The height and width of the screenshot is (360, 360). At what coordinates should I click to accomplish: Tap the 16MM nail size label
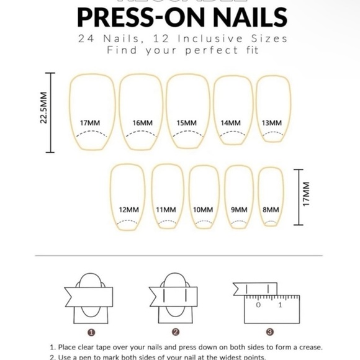[x=143, y=123]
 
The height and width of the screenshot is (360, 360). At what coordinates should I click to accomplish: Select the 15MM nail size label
[x=187, y=123]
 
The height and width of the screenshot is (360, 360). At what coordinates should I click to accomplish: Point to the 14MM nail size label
[x=230, y=123]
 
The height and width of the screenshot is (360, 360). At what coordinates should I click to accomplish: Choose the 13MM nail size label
[x=271, y=123]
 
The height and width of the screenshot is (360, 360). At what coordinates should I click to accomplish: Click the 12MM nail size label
[x=129, y=210]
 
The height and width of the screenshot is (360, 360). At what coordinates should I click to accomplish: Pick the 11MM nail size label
[x=166, y=210]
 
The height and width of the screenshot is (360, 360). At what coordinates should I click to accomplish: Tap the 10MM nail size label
[x=203, y=210]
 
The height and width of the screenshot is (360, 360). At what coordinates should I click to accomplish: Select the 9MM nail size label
[x=239, y=210]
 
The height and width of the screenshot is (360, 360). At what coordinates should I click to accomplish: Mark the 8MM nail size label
[x=271, y=210]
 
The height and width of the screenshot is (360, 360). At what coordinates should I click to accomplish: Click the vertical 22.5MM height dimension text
[x=43, y=109]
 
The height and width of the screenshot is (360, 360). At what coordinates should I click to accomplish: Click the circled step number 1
[x=92, y=332]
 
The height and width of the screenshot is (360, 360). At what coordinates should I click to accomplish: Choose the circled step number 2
[x=176, y=332]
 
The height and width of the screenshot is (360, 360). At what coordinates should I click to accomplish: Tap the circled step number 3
[x=269, y=332]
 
